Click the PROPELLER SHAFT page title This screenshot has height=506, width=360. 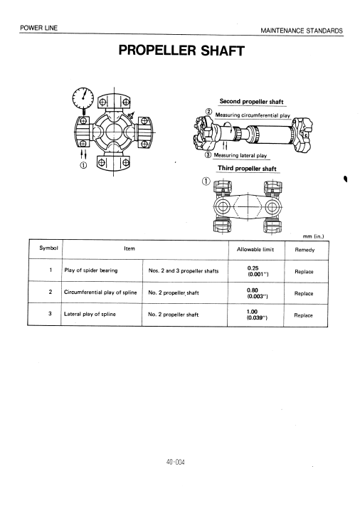point(181,51)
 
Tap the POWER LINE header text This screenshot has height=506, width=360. point(38,28)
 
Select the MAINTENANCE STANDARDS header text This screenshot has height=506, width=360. point(302,31)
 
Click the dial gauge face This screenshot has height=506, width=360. point(83,97)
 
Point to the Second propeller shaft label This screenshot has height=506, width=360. point(251,101)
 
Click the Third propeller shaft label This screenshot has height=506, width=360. point(247,168)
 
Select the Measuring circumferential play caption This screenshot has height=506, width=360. point(253,115)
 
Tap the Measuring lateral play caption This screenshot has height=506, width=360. point(240,155)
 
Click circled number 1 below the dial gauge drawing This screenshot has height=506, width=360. point(83,165)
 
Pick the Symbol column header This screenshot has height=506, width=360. point(48,248)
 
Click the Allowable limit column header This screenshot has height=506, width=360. point(255,249)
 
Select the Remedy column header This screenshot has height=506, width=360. point(305,250)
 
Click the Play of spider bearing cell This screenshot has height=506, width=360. point(91,270)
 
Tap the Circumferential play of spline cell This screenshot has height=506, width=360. point(100,292)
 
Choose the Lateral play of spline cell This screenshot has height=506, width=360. point(90,314)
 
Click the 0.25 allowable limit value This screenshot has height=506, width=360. point(253,268)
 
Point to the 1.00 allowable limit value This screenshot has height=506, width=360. point(252,312)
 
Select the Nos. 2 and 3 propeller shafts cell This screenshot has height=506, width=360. point(184,270)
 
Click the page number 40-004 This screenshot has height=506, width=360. point(176,462)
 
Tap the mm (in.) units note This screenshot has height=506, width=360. point(313,236)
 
